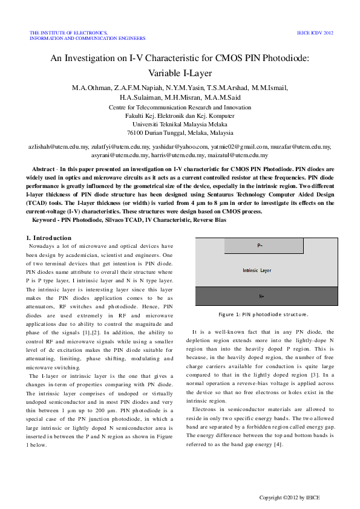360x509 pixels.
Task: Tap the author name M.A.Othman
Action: pyautogui.click(x=91, y=88)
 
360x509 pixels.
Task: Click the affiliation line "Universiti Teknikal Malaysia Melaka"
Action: pyautogui.click(x=180, y=123)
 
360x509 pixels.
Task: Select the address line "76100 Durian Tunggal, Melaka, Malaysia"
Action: pyautogui.click(x=180, y=132)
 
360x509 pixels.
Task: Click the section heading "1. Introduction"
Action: pyautogui.click(x=52, y=238)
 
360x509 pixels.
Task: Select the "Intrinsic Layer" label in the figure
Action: pyautogui.click(x=257, y=271)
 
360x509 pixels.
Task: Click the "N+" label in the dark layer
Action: pyautogui.click(x=261, y=296)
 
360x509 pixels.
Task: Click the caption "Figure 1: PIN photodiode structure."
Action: pyautogui.click(x=263, y=314)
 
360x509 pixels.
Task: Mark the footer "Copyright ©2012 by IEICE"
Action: pyautogui.click(x=289, y=498)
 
